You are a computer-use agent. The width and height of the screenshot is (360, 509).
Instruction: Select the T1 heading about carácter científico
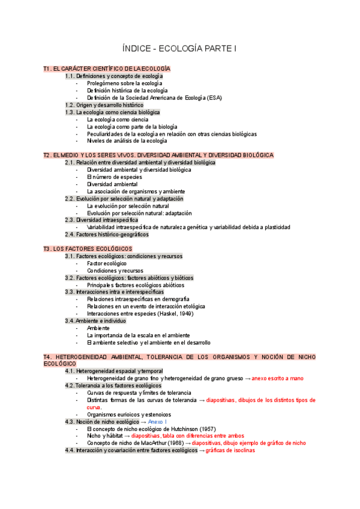107,69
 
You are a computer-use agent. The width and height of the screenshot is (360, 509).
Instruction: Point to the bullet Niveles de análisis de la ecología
127,141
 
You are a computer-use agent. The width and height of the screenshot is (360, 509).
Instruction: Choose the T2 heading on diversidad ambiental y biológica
158,155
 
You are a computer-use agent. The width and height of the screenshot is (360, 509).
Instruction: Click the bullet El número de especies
115,177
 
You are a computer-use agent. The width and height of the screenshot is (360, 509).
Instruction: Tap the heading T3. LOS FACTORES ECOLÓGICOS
88,248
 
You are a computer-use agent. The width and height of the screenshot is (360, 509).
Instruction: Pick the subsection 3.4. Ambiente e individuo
95,321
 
